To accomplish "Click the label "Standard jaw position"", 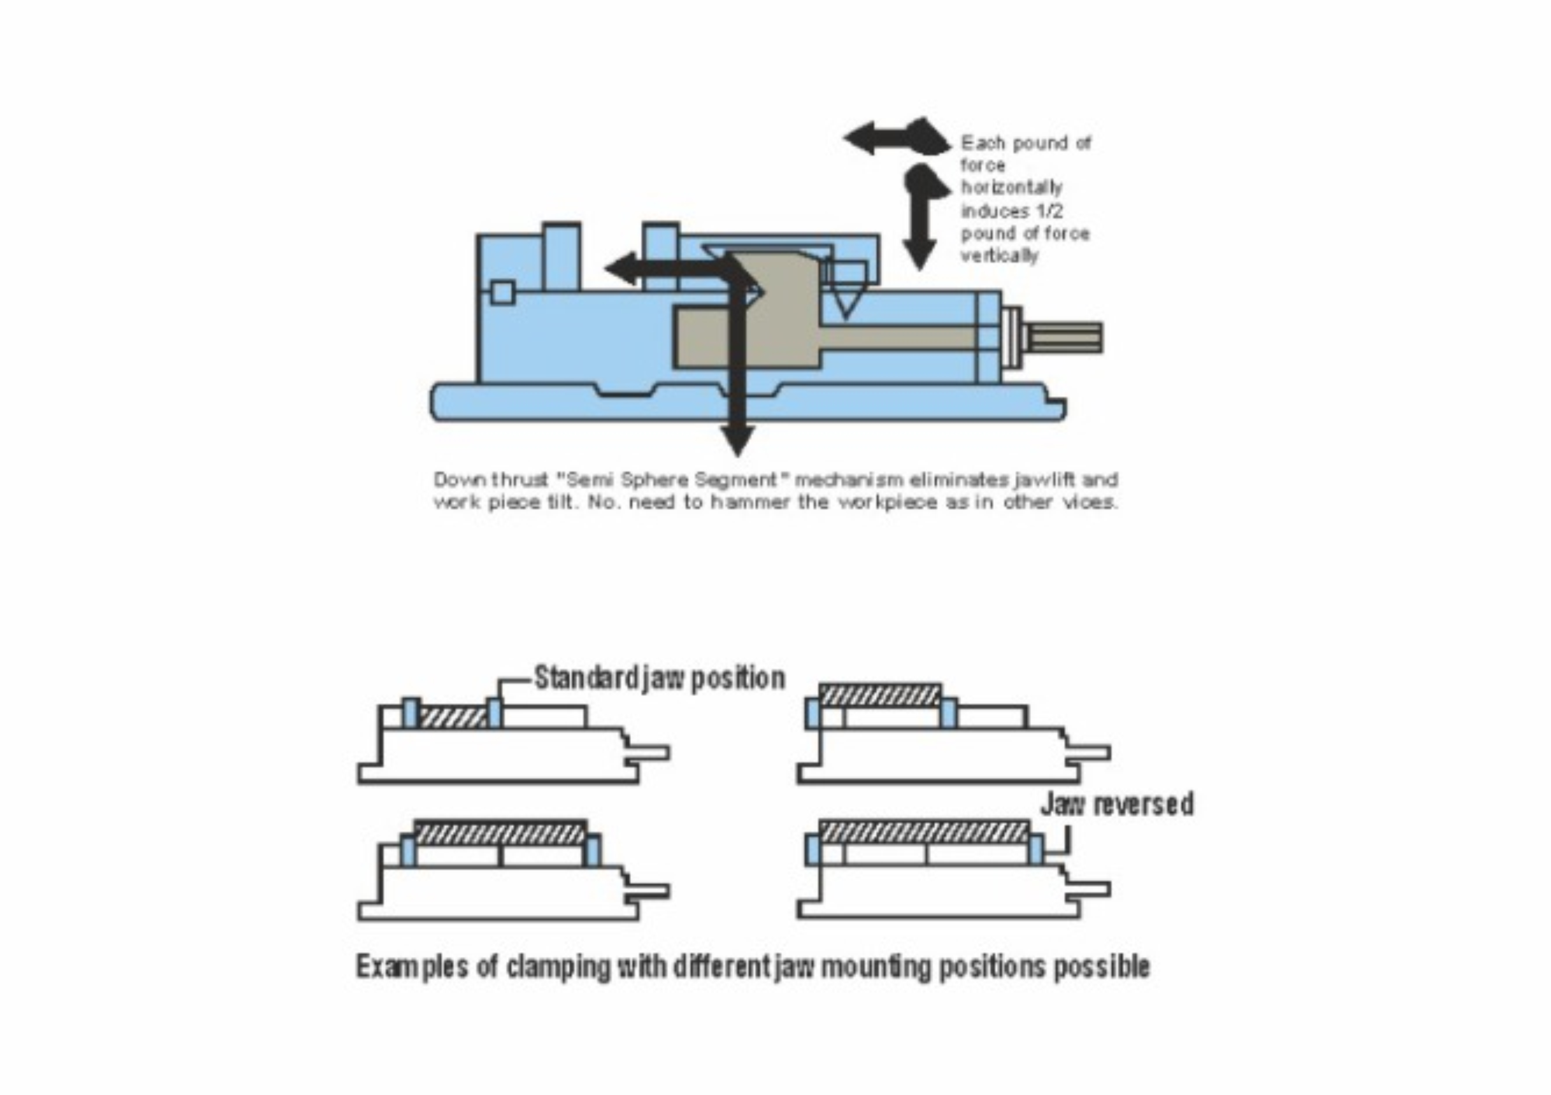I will pyautogui.click(x=659, y=678).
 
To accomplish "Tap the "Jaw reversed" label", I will pyautogui.click(x=1117, y=804).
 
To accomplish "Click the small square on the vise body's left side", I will pyautogui.click(x=502, y=293).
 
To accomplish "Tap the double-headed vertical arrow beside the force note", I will pyautogui.click(x=919, y=216).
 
